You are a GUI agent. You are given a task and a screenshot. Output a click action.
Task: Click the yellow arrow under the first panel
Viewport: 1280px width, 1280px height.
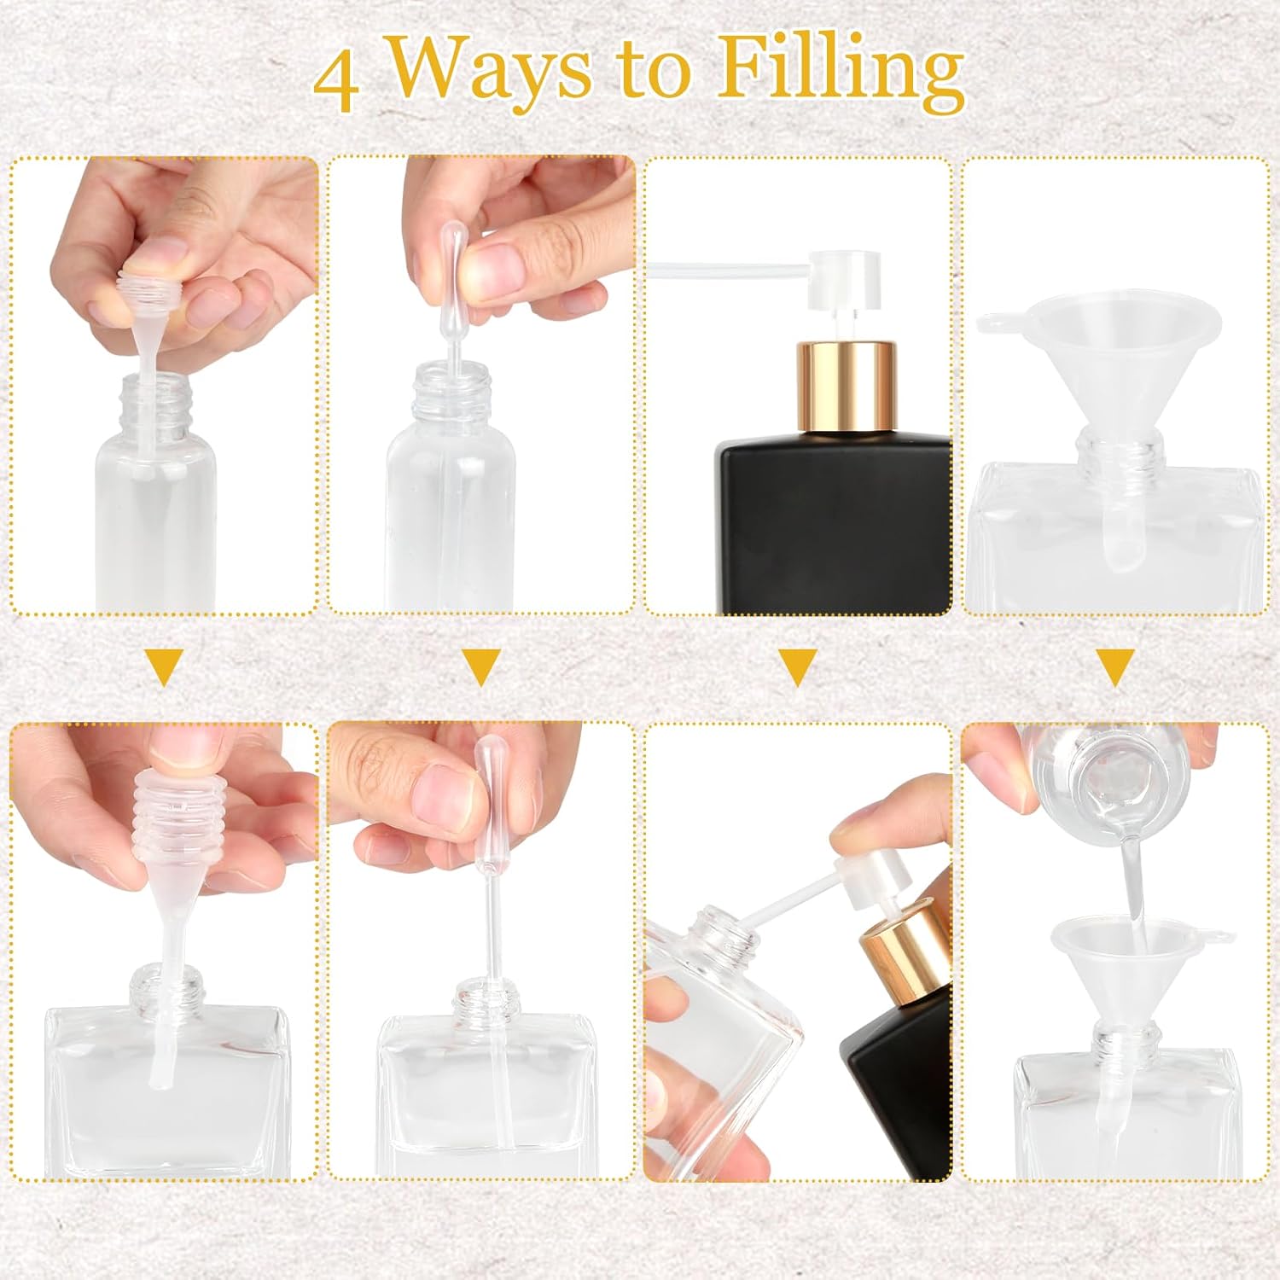pyautogui.click(x=165, y=667)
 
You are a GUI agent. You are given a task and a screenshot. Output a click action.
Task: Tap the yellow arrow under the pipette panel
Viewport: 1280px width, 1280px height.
pyautogui.click(x=481, y=667)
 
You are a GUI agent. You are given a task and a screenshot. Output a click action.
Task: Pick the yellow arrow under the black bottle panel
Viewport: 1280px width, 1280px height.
pyautogui.click(x=798, y=667)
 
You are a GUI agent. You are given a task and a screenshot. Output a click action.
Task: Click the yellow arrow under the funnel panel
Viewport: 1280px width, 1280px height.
pyautogui.click(x=1115, y=667)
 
